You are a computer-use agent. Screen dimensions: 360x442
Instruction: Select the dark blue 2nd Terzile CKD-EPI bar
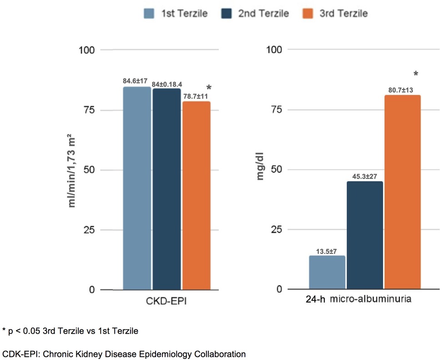click(x=166, y=189)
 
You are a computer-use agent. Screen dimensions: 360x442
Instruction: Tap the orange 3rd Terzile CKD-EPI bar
click(x=196, y=196)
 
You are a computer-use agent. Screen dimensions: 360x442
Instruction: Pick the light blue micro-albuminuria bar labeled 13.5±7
click(x=327, y=273)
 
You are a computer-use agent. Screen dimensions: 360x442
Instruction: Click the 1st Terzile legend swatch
click(x=148, y=13)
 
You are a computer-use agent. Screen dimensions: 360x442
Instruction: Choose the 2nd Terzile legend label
click(x=263, y=13)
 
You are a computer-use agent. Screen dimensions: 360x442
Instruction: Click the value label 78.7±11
click(x=194, y=96)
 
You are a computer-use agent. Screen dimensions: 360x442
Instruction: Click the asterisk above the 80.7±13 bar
click(x=416, y=74)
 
